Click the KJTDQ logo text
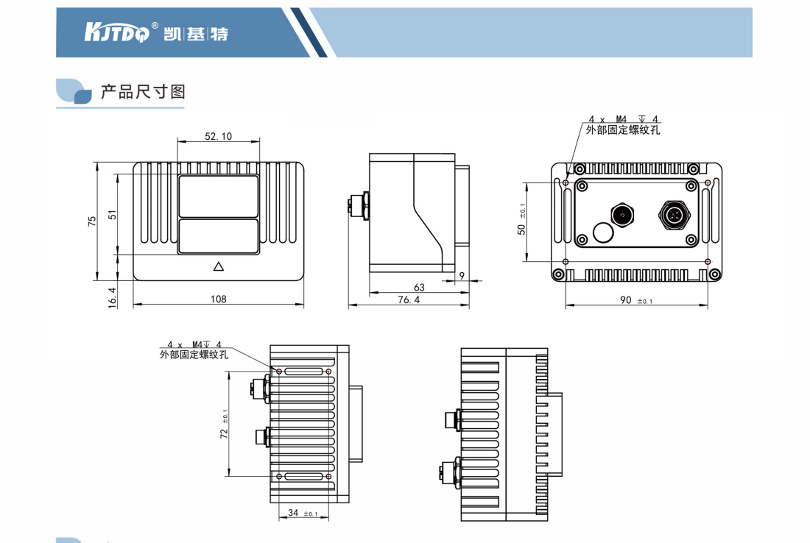pos(117,32)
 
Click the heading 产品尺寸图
pos(143,92)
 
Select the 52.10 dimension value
pos(218,136)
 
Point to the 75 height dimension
pos(92,221)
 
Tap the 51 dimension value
pos(113,215)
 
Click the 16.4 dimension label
pos(113,297)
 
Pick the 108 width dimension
pos(218,299)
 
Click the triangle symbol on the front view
pos(218,266)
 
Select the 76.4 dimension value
pos(409,299)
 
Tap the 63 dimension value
pos(419,287)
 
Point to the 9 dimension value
pos(461,275)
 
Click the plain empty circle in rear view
pos(603,233)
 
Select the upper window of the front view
pos(218,196)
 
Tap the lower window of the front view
pos(218,236)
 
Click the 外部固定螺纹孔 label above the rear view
pos(623,129)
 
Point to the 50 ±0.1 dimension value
pos(521,221)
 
